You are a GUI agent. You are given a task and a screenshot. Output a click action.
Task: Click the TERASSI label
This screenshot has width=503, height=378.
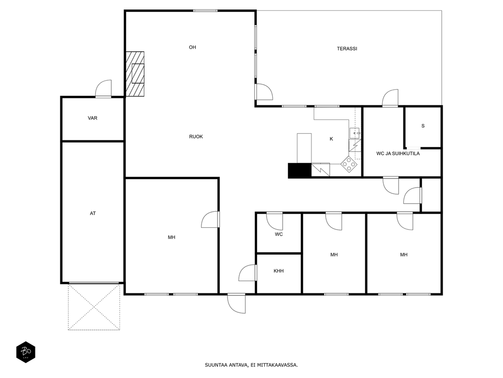pyautogui.click(x=347, y=49)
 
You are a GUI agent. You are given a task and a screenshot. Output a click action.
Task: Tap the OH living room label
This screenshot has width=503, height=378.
pyautogui.click(x=192, y=47)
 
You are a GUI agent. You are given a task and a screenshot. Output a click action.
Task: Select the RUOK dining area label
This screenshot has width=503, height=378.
pyautogui.click(x=196, y=137)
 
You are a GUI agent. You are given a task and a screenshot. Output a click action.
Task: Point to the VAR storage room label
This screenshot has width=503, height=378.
pyautogui.click(x=92, y=118)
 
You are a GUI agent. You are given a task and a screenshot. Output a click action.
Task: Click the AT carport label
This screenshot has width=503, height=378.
pyautogui.click(x=92, y=213)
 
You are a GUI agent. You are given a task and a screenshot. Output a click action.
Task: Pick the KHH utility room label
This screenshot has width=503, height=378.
pyautogui.click(x=278, y=271)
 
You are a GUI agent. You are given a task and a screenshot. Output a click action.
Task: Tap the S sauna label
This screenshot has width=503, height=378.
pyautogui.click(x=423, y=126)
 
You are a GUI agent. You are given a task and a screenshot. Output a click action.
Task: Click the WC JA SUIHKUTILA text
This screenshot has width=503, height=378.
pyautogui.click(x=398, y=154)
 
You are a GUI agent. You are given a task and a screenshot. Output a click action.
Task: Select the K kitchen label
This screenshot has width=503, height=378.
pyautogui.click(x=331, y=139)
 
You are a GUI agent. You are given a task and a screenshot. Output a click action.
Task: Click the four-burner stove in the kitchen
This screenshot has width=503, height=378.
pyautogui.click(x=349, y=164)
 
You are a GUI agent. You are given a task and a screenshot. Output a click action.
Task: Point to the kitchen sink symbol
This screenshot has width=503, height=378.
pyautogui.click(x=355, y=133)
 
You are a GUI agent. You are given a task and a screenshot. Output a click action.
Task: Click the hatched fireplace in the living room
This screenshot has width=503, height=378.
pyautogui.click(x=135, y=74)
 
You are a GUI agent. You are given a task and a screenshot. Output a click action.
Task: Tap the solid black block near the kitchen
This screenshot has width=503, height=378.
pyautogui.click(x=300, y=170)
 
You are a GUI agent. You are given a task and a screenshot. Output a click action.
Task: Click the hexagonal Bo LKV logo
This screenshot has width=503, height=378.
pyautogui.click(x=25, y=352)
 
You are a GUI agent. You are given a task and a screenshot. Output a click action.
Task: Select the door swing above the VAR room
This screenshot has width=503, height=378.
pyautogui.click(x=104, y=88)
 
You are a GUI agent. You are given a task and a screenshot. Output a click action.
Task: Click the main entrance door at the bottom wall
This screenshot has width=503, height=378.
pyautogui.click(x=236, y=303)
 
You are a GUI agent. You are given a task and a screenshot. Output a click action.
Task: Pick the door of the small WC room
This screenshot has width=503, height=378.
pyautogui.click(x=275, y=221)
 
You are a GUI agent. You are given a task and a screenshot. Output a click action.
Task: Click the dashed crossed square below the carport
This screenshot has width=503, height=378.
pyautogui.click(x=94, y=307)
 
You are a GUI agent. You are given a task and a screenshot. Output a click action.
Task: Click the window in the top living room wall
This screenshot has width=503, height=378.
pyautogui.click(x=205, y=11)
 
